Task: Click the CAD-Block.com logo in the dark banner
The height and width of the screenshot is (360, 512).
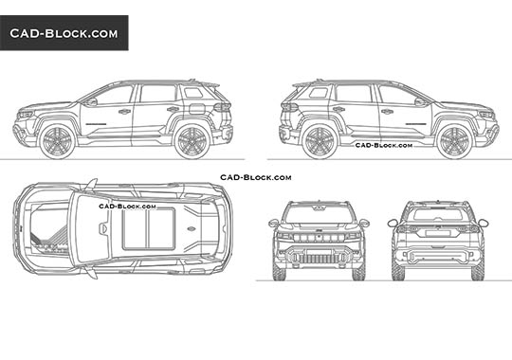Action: click(x=64, y=33)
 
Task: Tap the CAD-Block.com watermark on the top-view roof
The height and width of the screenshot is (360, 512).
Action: click(x=122, y=204)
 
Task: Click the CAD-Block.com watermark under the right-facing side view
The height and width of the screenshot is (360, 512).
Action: click(x=383, y=146)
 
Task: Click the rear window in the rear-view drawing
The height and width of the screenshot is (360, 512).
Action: click(x=438, y=215)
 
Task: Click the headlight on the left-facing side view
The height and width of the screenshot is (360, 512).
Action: click(x=26, y=115)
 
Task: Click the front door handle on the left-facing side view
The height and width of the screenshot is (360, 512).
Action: click(x=124, y=112)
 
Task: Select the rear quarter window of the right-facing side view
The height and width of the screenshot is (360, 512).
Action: click(x=319, y=93)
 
